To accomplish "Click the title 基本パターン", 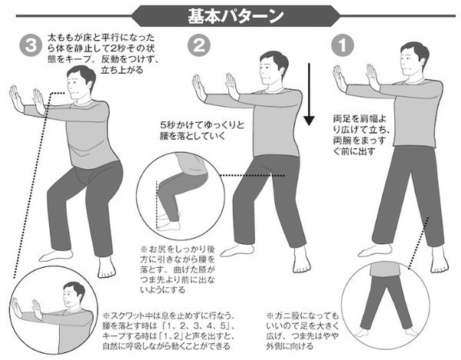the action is click(236, 16).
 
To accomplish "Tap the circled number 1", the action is click(343, 45).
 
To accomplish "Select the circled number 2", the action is click(199, 45).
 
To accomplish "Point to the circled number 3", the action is click(31, 45).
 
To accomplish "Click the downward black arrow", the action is click(309, 94).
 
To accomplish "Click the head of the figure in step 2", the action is click(273, 68).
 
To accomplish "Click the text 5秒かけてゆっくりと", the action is click(202, 125).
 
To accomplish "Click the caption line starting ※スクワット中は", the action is click(169, 316).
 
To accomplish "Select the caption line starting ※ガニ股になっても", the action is click(303, 316).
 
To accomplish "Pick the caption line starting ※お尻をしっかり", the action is click(177, 249).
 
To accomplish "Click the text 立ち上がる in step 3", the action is click(122, 70).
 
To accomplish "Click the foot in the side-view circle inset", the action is click(168, 226).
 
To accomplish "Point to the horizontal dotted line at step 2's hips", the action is click(253, 176).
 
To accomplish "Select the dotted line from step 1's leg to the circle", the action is click(419, 243).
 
